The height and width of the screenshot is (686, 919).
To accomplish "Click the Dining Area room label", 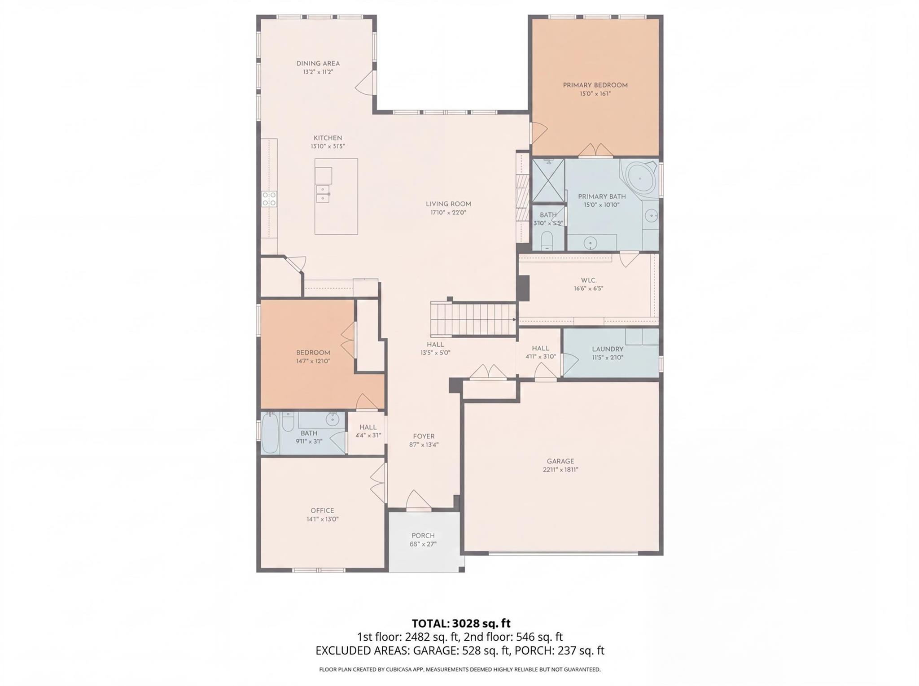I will point(318,63).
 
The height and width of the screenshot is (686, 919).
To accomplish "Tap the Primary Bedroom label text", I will point(595,85).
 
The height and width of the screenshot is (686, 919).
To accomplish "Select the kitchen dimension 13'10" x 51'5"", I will point(328,146).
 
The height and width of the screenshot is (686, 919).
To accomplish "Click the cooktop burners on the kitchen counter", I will point(269,199).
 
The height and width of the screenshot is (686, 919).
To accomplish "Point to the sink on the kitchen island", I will point(323,194).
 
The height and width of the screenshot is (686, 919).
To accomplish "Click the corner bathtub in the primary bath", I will point(640,178).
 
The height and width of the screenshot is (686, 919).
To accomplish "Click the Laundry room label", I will point(608,349).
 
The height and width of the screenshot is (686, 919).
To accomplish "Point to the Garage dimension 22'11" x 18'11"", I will point(560,470).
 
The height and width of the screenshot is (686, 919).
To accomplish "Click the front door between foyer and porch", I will point(418,501).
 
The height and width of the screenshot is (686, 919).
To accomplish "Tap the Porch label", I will point(423,535).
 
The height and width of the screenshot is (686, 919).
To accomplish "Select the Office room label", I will point(322,510).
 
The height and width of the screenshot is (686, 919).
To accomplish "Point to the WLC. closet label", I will point(588,280).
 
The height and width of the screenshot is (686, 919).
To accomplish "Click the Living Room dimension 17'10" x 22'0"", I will point(448,212).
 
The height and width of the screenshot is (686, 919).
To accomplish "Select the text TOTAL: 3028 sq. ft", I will point(461,623).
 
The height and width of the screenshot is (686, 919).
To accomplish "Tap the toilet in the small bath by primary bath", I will point(547,240).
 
